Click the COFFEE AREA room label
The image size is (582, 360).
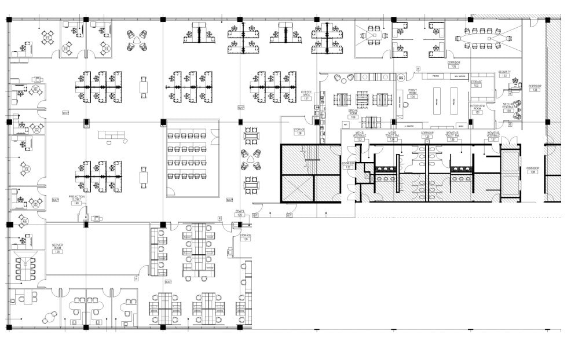point(306,94)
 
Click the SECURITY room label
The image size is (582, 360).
point(504,74)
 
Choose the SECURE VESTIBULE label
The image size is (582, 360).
point(509,107)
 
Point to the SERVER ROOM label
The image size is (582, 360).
point(57,248)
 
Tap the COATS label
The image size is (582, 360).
point(240,213)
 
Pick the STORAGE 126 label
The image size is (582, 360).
point(246,237)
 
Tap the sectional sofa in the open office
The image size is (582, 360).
point(112,137)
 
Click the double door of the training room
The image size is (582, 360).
point(215,137)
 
